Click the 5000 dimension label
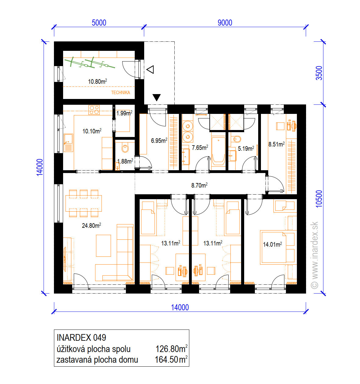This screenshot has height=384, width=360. click(99, 23)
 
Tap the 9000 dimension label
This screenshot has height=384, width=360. click(225, 23)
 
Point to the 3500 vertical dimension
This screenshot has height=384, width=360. click(319, 73)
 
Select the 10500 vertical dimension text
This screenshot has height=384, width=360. click(319, 199)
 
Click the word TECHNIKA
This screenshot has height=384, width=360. click(120, 93)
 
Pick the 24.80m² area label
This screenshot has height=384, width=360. click(91, 226)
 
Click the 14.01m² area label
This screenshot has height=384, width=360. click(272, 245)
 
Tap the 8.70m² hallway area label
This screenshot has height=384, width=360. click(199, 185)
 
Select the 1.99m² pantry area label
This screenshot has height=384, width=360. click(124, 113)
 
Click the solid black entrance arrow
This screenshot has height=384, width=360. click(157, 97)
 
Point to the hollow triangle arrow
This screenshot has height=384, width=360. click(150, 69)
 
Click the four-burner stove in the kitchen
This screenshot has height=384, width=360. click(94, 110)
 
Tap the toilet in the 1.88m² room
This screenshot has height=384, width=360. click(125, 148)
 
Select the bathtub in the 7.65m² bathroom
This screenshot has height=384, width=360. click(219, 151)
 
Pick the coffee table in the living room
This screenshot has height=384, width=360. click(103, 245)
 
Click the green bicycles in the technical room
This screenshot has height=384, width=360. click(90, 62)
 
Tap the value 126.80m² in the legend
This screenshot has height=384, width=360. click(172, 349)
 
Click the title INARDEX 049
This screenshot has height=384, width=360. click(81, 338)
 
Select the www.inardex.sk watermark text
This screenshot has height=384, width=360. click(315, 255)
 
